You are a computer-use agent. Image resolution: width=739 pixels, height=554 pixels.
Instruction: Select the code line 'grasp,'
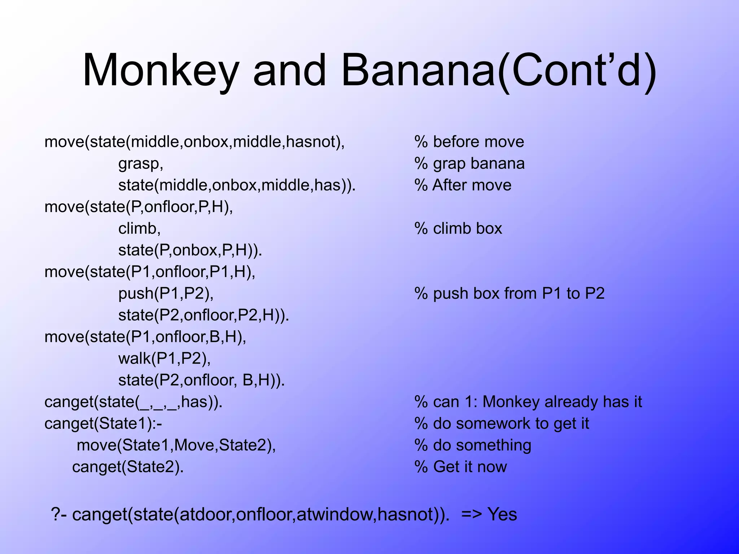141,164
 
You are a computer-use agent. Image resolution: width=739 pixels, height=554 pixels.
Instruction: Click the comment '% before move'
469,142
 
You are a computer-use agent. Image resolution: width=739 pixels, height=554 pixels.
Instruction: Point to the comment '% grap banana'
469,164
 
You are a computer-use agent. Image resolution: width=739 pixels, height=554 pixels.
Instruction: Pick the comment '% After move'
463,185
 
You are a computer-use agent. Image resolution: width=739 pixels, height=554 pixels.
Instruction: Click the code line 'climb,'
139,229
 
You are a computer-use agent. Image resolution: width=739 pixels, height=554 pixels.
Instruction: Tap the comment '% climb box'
458,229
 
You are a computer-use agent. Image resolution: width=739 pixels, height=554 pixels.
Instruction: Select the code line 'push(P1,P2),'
166,294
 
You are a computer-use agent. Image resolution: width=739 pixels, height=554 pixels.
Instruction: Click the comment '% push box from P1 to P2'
510,294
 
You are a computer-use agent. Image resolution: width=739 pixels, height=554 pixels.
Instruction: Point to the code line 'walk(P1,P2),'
165,359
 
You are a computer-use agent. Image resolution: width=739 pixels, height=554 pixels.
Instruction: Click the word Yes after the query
502,514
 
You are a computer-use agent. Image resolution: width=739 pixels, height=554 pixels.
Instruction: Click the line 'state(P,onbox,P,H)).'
190,250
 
